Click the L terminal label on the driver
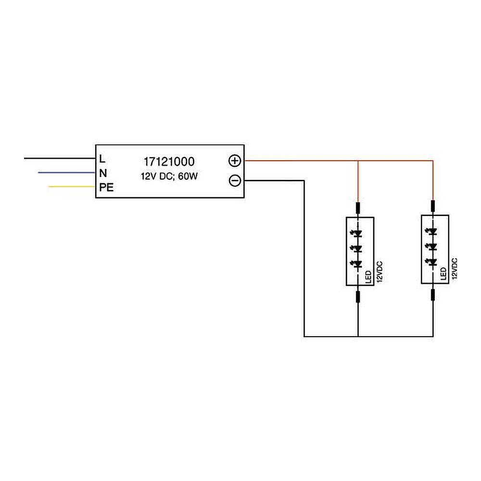[102, 158]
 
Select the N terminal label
[103, 173]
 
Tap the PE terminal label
[106, 188]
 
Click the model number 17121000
[169, 162]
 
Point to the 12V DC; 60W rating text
[169, 177]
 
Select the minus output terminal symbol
[235, 181]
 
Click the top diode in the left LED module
[358, 234]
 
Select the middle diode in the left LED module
[358, 249]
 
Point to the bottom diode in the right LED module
[433, 262]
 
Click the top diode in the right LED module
[433, 232]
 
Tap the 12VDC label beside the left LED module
[379, 272]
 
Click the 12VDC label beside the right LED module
[454, 270]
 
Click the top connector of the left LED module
[358, 208]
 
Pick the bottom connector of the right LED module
[433, 294]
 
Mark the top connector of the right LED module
[433, 206]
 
